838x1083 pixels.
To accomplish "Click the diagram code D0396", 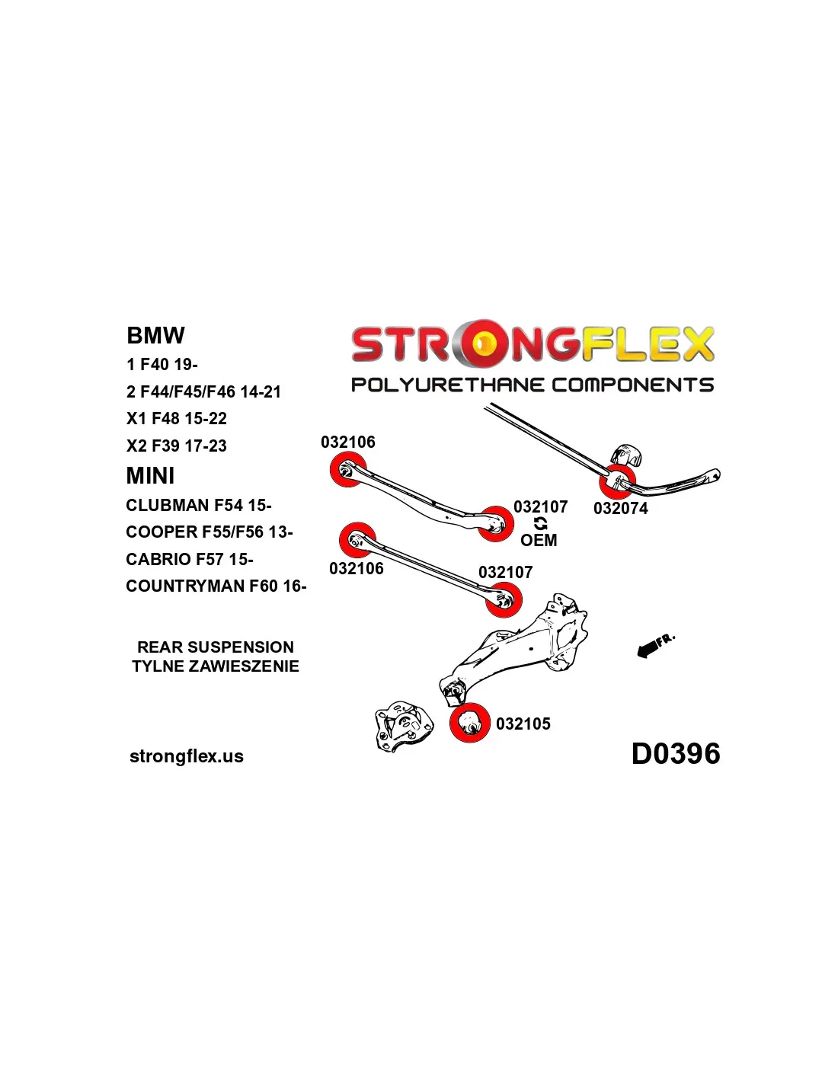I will [675, 754].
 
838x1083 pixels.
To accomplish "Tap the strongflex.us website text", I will [187, 756].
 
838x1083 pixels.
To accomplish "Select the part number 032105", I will [523, 724].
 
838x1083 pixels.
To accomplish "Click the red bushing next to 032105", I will [470, 723].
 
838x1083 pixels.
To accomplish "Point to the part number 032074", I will [620, 508].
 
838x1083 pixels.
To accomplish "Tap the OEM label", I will [539, 540].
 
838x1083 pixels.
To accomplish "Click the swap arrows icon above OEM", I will [540, 523].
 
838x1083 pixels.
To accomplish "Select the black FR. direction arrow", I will [648, 649].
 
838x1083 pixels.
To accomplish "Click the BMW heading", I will [155, 335].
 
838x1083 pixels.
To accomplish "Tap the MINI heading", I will [150, 475].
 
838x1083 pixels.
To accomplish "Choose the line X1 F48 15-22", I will [177, 418].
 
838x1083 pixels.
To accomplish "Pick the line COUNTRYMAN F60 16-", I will [216, 586].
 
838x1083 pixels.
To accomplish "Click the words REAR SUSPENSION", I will [216, 647].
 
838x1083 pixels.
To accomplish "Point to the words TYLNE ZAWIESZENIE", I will [216, 666].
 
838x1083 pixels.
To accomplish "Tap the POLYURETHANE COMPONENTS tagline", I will [532, 385].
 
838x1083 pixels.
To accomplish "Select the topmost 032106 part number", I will [348, 442].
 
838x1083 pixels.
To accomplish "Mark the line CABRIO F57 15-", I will [190, 559].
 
